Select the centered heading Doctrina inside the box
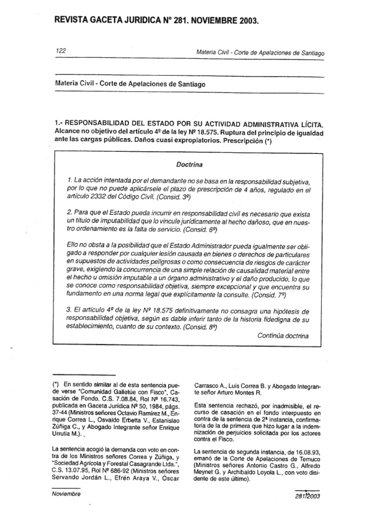[189, 165]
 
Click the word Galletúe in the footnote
[125, 392]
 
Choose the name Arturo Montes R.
[242, 392]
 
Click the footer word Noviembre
[67, 494]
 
